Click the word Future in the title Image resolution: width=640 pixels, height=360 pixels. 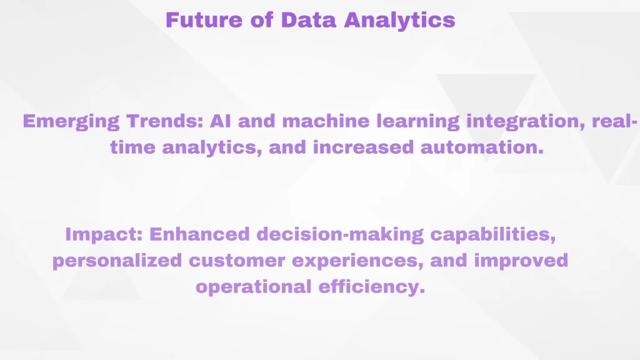click(x=204, y=20)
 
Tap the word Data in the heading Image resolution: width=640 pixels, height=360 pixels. click(x=309, y=20)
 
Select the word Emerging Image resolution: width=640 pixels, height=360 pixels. click(x=71, y=122)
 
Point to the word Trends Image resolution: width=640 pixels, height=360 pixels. click(x=165, y=121)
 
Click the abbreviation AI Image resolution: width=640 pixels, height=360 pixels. click(x=221, y=121)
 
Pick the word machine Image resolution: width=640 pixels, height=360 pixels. click(x=326, y=121)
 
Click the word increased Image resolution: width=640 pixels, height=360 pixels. click(x=363, y=147)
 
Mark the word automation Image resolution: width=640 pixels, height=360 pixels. click(x=482, y=147)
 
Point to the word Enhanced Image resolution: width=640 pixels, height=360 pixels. click(x=199, y=234)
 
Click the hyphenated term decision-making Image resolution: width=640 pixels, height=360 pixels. click(x=340, y=235)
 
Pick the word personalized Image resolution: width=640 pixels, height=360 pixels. click(x=117, y=261)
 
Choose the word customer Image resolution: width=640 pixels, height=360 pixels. click(x=237, y=261)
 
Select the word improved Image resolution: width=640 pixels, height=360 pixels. click(x=521, y=261)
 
